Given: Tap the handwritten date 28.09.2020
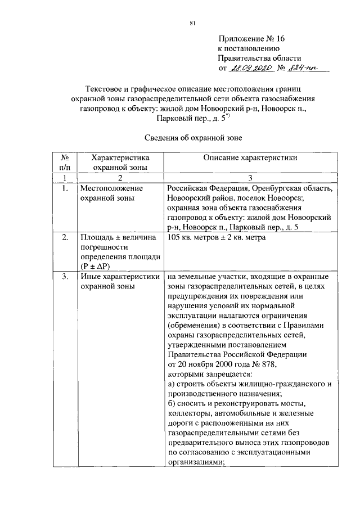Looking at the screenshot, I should pyautogui.click(x=250, y=68).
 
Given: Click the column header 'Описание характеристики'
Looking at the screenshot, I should pyautogui.click(x=250, y=158).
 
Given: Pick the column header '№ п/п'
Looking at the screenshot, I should pyautogui.click(x=65, y=163).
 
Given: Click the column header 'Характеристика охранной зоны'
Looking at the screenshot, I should pyautogui.click(x=120, y=163).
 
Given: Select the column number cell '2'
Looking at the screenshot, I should pyautogui.click(x=120, y=178).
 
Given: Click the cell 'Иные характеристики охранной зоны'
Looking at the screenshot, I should pyautogui.click(x=118, y=281).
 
